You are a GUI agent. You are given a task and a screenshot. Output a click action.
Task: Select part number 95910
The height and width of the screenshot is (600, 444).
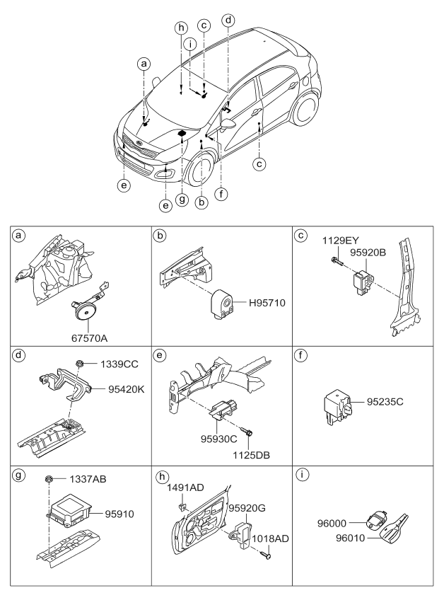121,514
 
